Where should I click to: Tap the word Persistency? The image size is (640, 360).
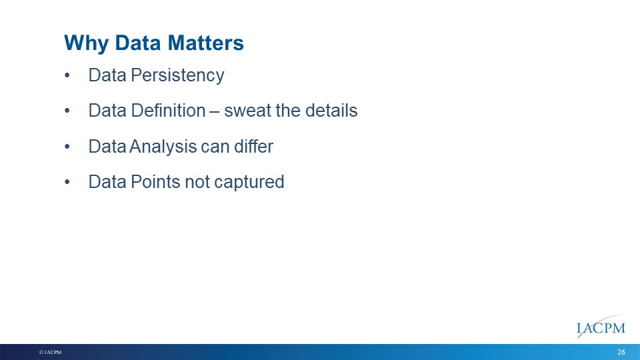click(x=177, y=76)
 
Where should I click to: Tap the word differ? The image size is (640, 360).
click(x=253, y=146)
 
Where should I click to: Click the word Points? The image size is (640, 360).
click(x=155, y=182)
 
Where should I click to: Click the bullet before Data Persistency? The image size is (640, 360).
click(x=67, y=75)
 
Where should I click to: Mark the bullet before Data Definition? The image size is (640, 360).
click(x=67, y=111)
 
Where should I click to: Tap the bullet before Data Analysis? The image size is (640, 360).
click(x=67, y=147)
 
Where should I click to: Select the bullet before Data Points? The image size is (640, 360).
click(x=67, y=182)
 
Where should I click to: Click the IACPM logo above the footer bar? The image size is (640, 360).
click(x=601, y=327)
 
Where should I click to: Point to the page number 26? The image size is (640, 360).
click(x=621, y=352)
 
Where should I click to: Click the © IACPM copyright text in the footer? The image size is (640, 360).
click(x=50, y=352)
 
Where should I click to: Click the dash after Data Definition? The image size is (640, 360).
click(x=215, y=112)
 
